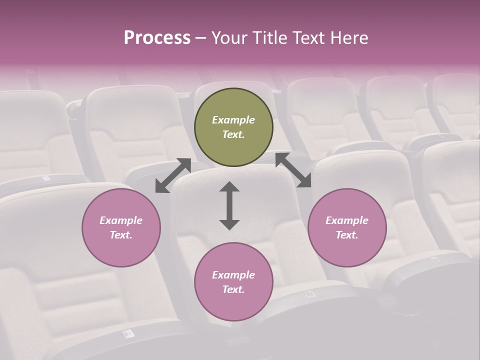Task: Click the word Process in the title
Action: click(157, 38)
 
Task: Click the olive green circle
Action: click(233, 127)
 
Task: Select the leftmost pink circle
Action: click(121, 227)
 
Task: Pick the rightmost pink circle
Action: click(347, 227)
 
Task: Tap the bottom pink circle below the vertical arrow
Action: click(233, 281)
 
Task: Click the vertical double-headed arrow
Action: click(229, 205)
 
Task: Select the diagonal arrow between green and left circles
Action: click(173, 175)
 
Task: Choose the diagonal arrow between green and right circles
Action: click(293, 170)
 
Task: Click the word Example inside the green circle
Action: click(233, 120)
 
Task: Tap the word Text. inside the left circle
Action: click(121, 235)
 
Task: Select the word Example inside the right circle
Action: click(347, 220)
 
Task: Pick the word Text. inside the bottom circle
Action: click(233, 289)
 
